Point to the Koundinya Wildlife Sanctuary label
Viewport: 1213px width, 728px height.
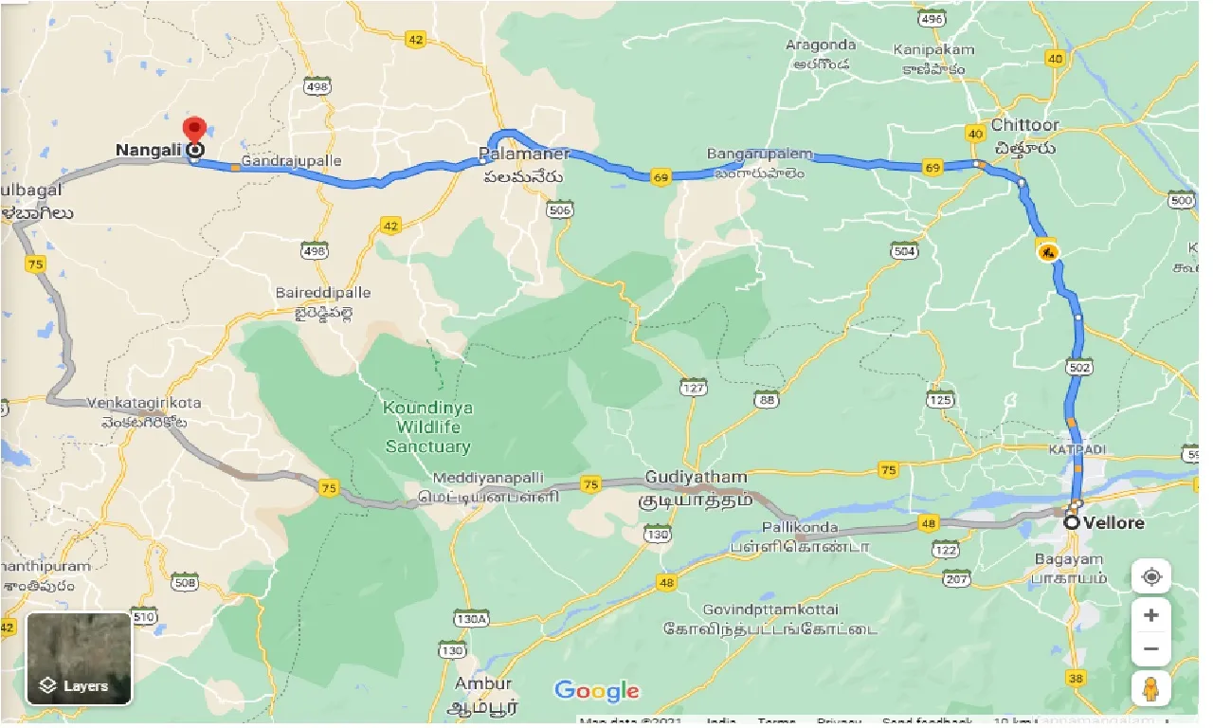point(427,427)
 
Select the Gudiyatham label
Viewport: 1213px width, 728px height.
point(696,476)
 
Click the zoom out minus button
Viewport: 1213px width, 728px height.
point(1150,649)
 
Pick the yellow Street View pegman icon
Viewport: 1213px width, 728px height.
point(1150,690)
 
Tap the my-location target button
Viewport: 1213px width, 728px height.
point(1150,576)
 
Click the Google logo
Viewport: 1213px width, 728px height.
point(597,691)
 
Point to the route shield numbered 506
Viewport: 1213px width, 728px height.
point(561,209)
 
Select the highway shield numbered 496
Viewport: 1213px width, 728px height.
point(932,19)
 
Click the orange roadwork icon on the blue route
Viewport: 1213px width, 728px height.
point(1047,251)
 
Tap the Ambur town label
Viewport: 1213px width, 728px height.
point(482,683)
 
